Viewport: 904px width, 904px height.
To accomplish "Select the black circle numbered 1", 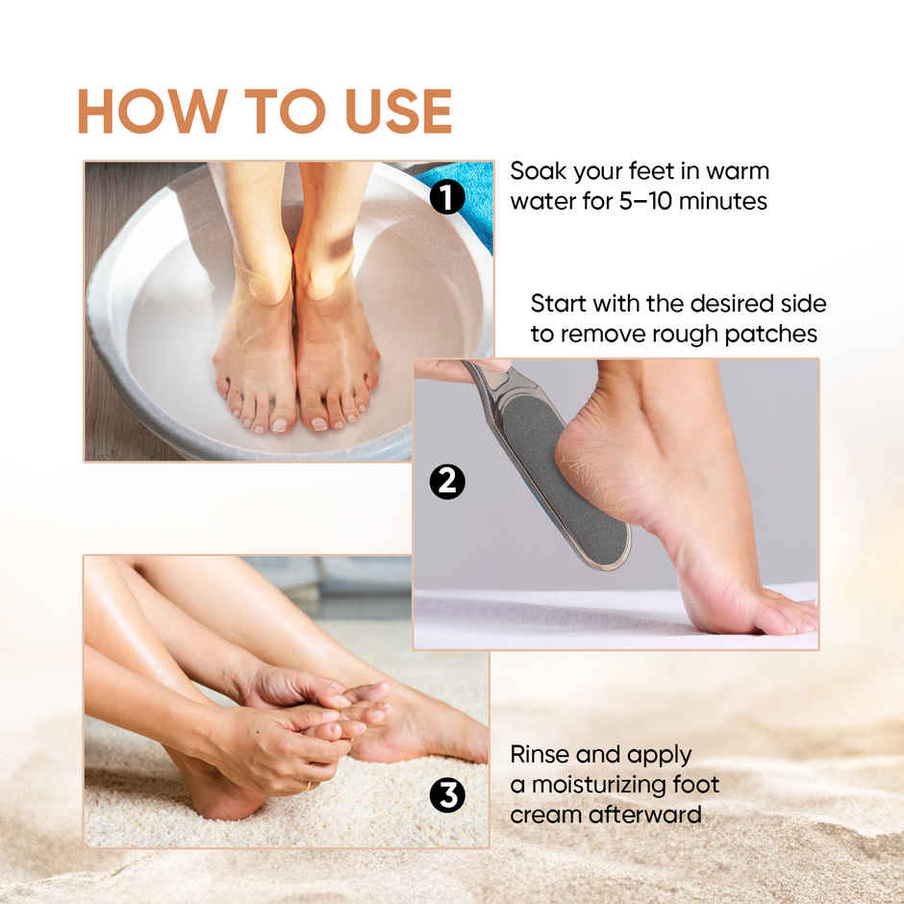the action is pos(447,196).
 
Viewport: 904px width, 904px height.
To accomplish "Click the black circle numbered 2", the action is pos(447,482).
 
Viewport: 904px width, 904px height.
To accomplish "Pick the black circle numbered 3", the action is pos(447,796).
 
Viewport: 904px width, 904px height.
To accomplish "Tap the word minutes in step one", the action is pos(723,201).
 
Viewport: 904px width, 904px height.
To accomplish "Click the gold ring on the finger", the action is pos(309,786).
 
